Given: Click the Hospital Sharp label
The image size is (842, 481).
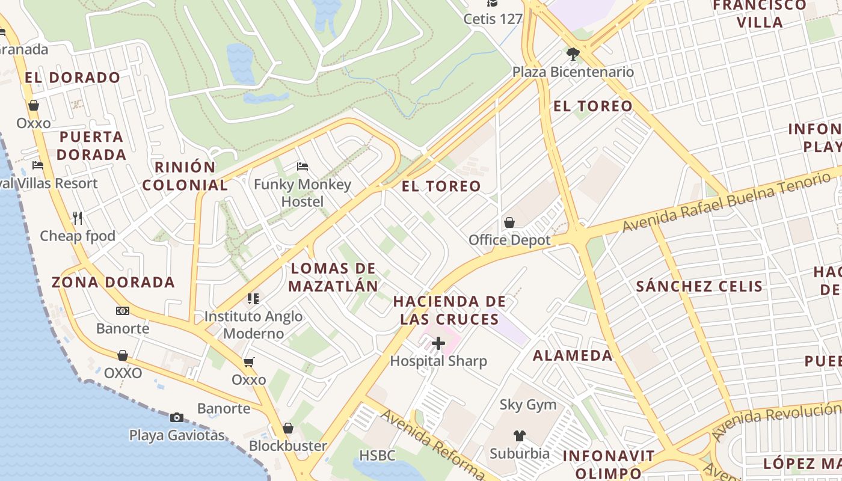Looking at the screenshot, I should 438,361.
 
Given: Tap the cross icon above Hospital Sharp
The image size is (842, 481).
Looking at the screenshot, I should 438,343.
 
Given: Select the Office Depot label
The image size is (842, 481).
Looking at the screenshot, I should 509,240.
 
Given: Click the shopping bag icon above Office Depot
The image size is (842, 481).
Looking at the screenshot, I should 509,222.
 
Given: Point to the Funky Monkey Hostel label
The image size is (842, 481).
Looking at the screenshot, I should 303,192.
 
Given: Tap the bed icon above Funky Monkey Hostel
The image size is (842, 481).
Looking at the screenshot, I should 303,166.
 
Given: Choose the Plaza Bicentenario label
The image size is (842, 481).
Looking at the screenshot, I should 573,72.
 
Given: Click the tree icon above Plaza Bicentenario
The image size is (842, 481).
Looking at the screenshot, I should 573,54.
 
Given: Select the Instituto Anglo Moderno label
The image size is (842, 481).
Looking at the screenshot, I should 253,325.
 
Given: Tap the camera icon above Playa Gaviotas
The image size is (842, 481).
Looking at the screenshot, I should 177,417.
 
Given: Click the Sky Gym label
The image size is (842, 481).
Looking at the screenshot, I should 528,405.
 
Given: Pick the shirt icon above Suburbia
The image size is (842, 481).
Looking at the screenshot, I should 520,435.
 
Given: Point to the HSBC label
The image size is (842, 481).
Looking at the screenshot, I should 378,455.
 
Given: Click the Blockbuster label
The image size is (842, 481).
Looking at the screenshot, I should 288,446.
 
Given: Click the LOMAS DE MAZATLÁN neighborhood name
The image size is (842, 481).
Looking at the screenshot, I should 333,277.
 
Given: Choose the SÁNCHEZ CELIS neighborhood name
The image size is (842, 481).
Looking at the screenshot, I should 699,286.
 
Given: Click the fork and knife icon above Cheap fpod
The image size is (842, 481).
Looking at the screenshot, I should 78,217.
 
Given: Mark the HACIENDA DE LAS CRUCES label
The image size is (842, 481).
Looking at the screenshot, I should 450,310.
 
